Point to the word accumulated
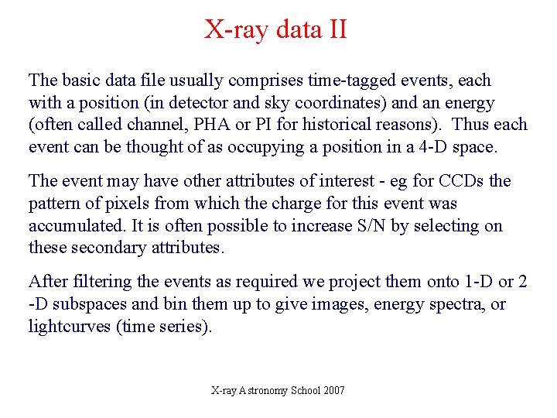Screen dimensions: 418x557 (72, 226)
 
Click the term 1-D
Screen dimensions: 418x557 (469, 283)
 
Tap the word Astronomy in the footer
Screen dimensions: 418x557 (262, 391)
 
